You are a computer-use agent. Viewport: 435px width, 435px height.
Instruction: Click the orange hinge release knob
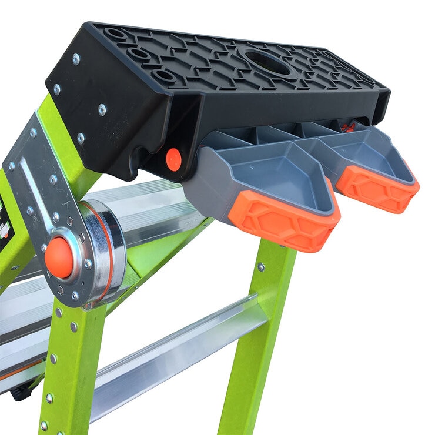click(59, 257)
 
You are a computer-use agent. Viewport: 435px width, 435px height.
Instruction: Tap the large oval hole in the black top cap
click(267, 63)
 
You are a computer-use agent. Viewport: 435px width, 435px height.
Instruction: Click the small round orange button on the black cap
click(173, 160)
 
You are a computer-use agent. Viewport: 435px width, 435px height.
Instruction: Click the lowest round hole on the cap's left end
click(163, 76)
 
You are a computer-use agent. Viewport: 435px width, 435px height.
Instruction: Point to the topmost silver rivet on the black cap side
click(76, 59)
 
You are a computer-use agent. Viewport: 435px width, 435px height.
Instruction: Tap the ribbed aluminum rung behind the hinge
click(153, 206)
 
